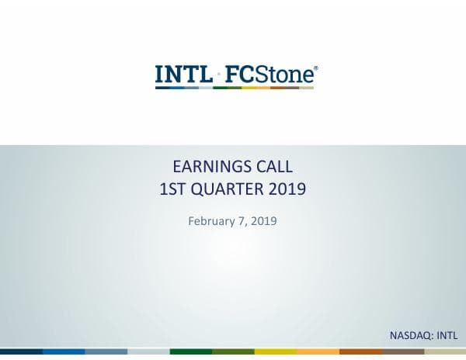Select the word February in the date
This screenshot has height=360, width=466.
coord(210,222)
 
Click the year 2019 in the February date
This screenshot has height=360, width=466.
coord(263,222)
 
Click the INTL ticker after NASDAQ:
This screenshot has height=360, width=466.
coord(447,335)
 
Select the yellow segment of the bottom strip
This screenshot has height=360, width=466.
coord(275,352)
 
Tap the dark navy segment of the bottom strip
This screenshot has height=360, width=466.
coord(21,352)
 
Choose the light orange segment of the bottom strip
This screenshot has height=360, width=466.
coord(318,352)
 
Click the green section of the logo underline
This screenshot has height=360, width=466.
coord(226,88)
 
